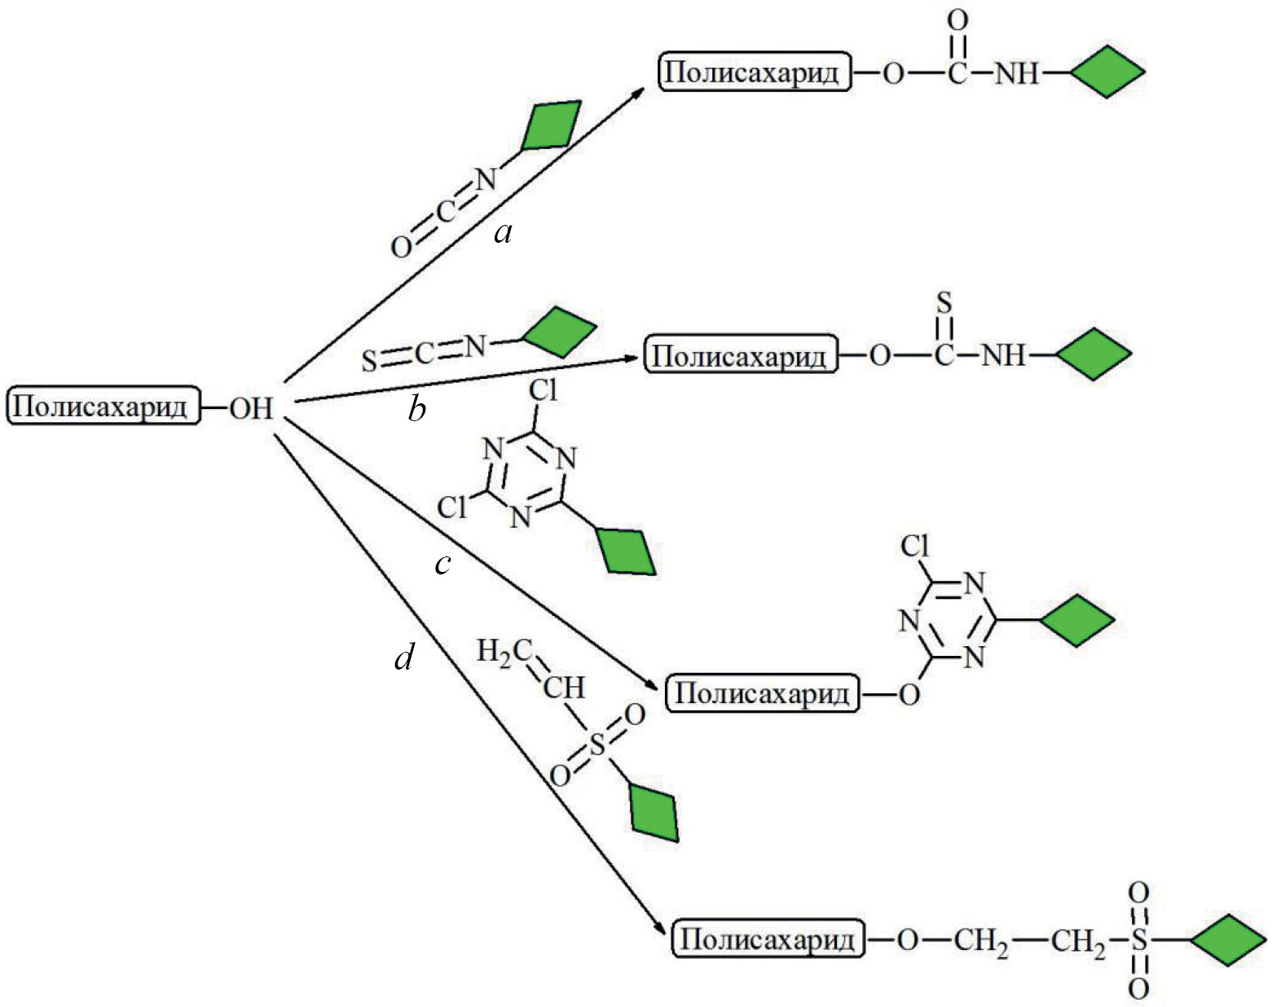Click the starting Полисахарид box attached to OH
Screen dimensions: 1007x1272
[x=103, y=406]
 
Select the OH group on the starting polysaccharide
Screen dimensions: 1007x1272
[x=250, y=407]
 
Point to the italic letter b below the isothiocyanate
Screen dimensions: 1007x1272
[x=417, y=410]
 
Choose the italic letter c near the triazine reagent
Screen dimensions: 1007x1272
[x=443, y=564]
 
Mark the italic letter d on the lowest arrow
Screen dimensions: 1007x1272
[x=404, y=657]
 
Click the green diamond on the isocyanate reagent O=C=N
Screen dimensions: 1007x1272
[x=552, y=125]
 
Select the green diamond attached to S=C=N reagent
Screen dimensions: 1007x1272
[x=560, y=332]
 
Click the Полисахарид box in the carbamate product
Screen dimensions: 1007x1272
[x=754, y=72]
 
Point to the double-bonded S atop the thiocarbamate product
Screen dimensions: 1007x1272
[x=944, y=304]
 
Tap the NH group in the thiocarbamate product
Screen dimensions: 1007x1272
[x=1003, y=355]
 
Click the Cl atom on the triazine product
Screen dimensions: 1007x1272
[x=915, y=546]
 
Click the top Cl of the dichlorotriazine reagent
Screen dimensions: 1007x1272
[x=543, y=391]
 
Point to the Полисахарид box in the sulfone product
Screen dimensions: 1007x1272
[x=767, y=939]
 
